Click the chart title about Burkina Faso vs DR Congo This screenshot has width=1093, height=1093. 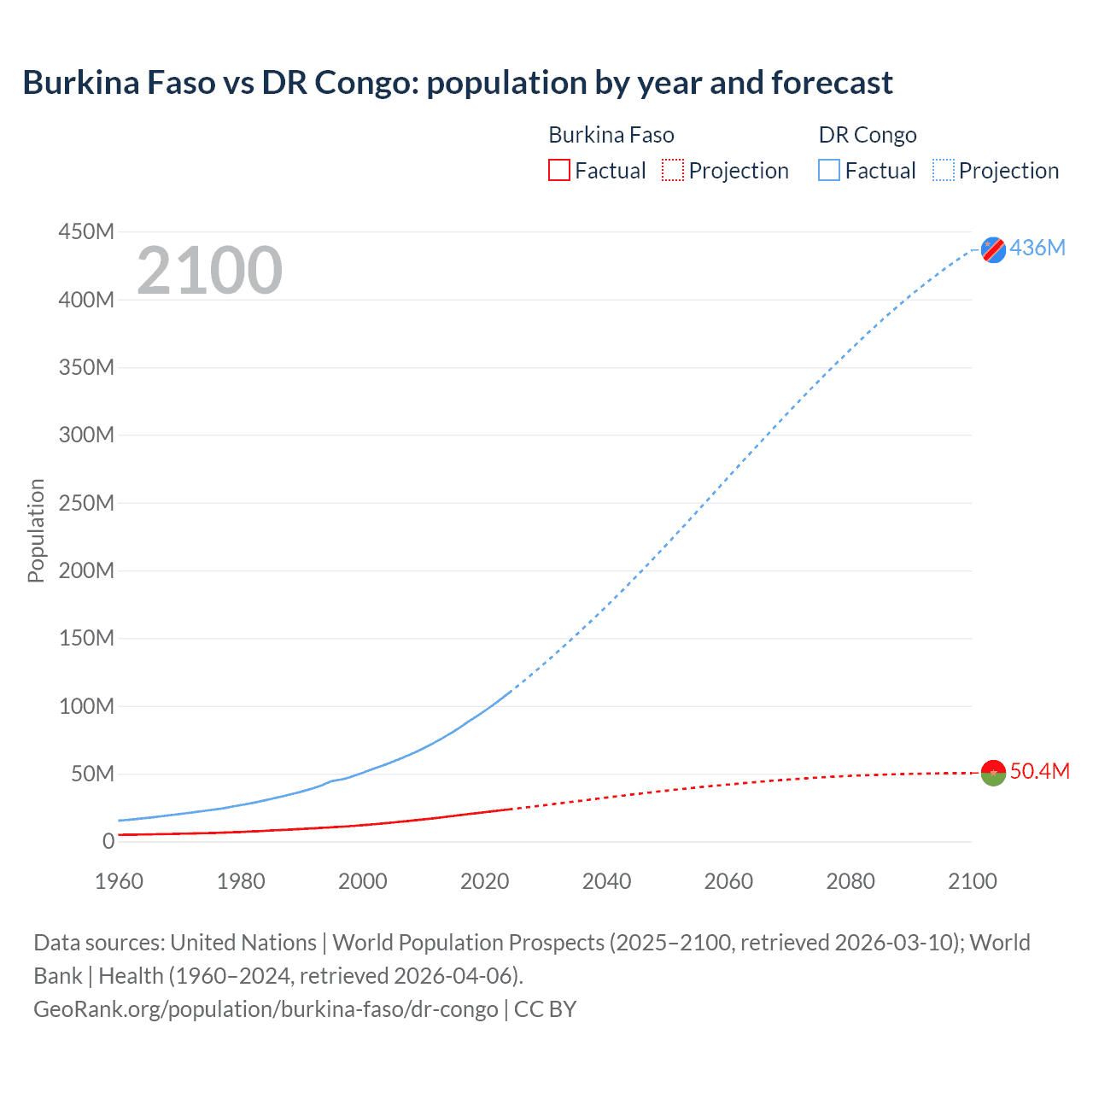tap(457, 83)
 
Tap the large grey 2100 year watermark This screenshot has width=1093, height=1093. tap(209, 271)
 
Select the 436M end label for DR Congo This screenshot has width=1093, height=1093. tap(1037, 248)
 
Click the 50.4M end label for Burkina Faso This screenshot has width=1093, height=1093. tap(1039, 771)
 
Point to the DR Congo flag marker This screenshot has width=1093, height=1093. tap(993, 249)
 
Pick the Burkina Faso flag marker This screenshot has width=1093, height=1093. tap(993, 772)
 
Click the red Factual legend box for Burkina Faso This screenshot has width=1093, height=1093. tap(558, 170)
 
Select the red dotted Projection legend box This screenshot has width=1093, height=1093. tap(673, 170)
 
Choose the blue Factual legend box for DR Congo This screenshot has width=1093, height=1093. tap(829, 170)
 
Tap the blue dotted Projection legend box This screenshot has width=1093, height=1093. tap(944, 170)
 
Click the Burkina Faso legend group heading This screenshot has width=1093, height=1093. tap(611, 135)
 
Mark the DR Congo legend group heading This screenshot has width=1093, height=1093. tap(867, 135)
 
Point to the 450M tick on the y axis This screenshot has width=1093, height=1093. tap(86, 231)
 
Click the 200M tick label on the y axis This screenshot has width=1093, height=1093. tap(86, 570)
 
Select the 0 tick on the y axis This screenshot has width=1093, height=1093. tap(108, 841)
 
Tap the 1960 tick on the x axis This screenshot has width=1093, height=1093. tap(119, 881)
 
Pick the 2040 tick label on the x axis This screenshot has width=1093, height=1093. tap(606, 881)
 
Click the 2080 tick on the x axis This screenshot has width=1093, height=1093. tap(850, 881)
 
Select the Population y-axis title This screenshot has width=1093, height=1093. tap(36, 530)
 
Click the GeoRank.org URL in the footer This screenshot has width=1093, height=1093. tap(266, 1009)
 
